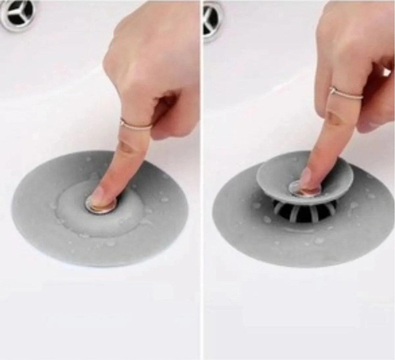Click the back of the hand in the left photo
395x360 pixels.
point(148,49)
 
